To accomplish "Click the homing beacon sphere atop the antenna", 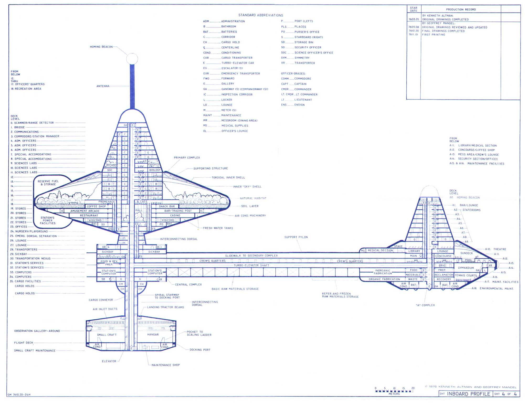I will [x=132, y=59].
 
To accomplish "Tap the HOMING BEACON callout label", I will [x=101, y=47].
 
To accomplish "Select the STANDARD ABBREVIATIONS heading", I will [x=261, y=15].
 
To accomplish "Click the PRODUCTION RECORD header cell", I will [x=461, y=9].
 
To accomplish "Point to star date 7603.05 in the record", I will [x=413, y=19].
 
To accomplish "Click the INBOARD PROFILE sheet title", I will [x=469, y=394].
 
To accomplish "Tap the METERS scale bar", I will [x=394, y=391].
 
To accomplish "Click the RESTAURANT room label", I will [x=89, y=215].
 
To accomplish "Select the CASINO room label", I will [x=175, y=215].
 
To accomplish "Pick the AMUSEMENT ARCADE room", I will [x=85, y=211].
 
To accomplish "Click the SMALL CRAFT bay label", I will [x=107, y=335].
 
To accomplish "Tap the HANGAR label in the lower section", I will [x=153, y=335].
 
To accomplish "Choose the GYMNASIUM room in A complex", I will [x=466, y=268].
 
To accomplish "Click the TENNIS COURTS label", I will [x=466, y=275].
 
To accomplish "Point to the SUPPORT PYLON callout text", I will [x=296, y=237].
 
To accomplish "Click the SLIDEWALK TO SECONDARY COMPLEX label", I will [x=251, y=256].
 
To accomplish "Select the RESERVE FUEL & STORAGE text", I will [x=48, y=183].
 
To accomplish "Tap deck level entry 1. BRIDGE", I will [x=18, y=127].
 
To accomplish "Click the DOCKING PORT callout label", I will [x=200, y=350].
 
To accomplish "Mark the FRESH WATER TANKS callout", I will [x=218, y=228].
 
